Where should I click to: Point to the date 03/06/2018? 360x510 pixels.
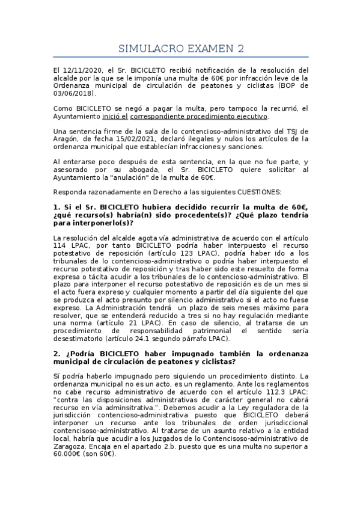click(x=74, y=93)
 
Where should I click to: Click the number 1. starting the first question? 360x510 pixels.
click(x=56, y=207)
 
